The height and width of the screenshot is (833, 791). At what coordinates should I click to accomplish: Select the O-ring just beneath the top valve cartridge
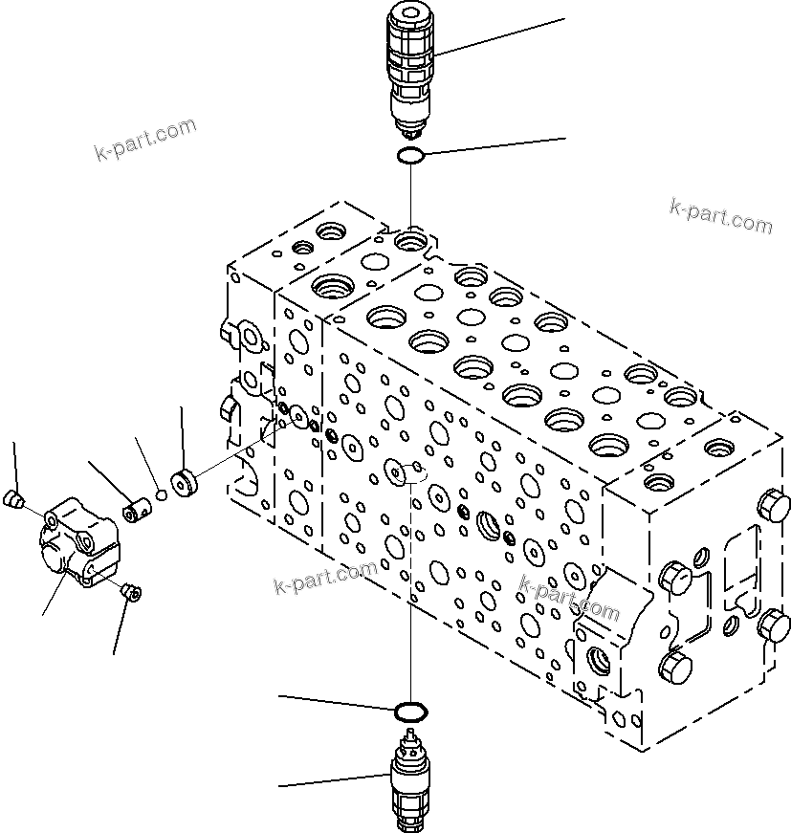[x=411, y=156]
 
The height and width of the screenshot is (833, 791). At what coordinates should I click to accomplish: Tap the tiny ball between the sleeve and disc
[x=162, y=495]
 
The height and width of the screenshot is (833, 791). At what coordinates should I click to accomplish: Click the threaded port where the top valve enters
[x=412, y=237]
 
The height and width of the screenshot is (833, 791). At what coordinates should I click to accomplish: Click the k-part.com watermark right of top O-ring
[x=720, y=217]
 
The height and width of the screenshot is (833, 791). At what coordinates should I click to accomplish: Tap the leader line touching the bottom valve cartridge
[x=335, y=779]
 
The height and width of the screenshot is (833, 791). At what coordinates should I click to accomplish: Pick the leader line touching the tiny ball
[x=147, y=463]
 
